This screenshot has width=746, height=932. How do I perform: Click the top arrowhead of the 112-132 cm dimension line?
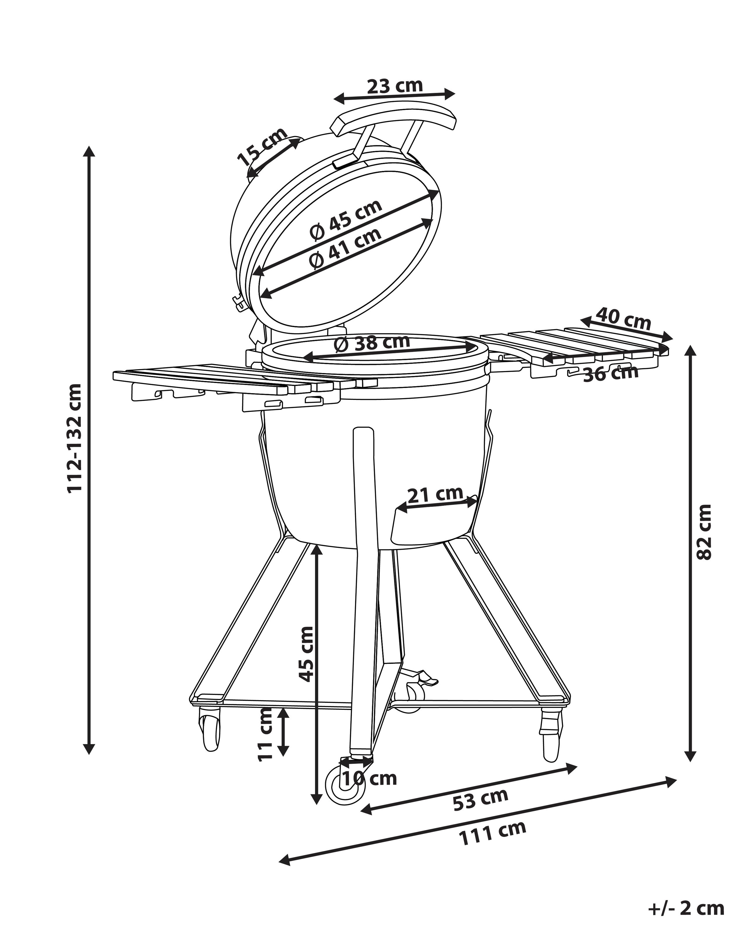click(89, 147)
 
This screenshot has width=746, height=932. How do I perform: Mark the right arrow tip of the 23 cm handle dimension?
click(455, 93)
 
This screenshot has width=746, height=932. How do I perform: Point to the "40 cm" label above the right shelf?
click(623, 319)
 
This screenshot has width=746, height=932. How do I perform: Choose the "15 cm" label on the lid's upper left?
click(262, 146)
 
